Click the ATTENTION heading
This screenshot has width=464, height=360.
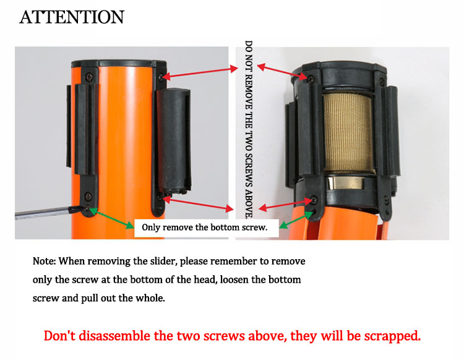(x=72, y=17)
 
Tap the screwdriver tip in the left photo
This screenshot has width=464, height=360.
(x=87, y=208)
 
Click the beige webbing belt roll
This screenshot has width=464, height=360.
(x=348, y=134)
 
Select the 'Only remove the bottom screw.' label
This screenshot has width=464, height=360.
(x=205, y=228)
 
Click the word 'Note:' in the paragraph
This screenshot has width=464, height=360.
(x=44, y=261)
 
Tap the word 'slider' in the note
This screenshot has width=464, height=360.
(x=163, y=261)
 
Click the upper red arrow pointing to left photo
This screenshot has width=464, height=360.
(x=200, y=73)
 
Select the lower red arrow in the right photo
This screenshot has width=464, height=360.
(x=286, y=204)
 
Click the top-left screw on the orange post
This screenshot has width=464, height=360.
(x=89, y=77)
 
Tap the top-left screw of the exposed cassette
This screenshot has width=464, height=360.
(x=311, y=79)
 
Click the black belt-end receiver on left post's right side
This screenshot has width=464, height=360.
(x=173, y=140)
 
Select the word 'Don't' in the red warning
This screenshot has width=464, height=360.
(x=59, y=336)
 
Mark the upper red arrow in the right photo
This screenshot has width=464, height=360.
(x=282, y=72)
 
